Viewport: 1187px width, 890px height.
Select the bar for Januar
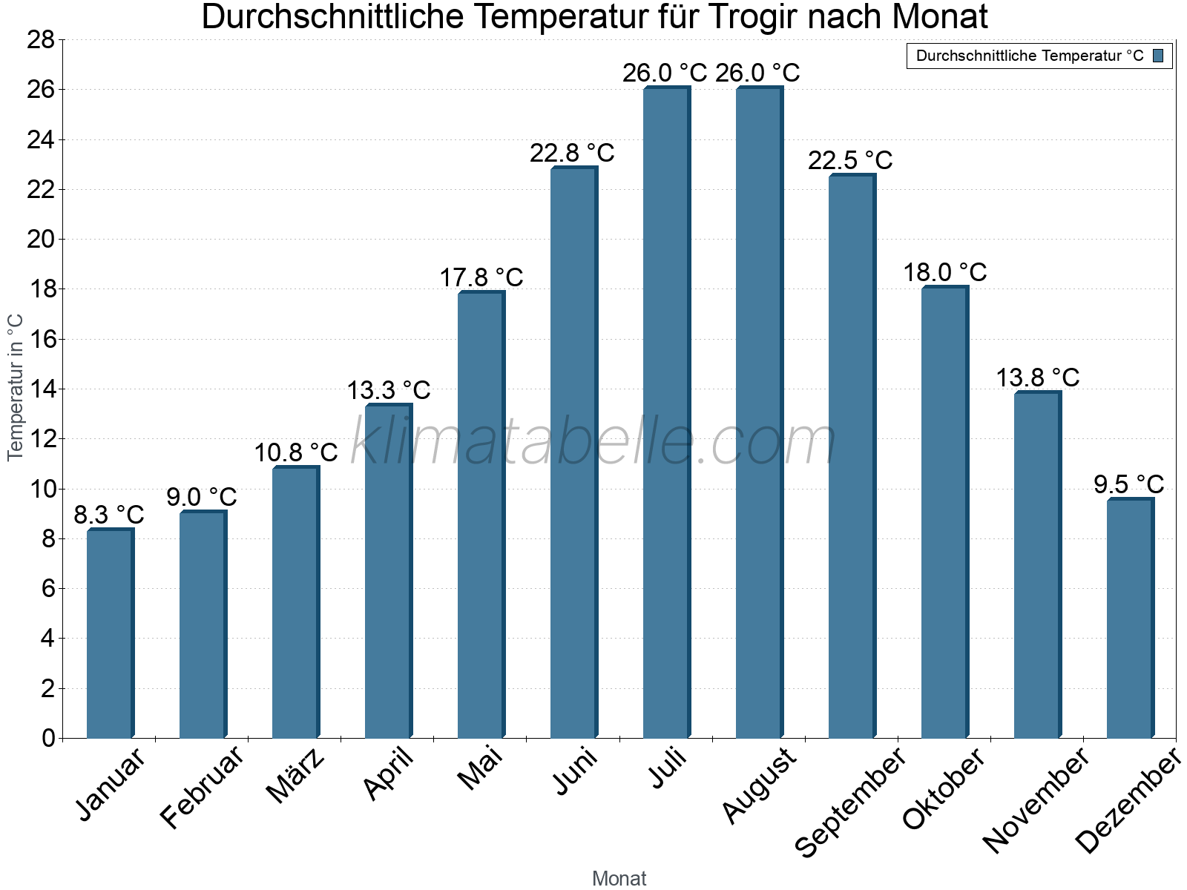(110, 634)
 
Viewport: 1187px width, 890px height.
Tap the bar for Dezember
(1130, 619)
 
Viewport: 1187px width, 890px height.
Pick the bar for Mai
(481, 515)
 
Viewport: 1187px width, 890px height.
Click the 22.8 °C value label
(572, 154)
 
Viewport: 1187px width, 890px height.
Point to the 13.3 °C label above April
(389, 390)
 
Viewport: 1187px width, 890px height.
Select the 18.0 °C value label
(944, 273)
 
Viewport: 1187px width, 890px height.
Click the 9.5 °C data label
(1128, 485)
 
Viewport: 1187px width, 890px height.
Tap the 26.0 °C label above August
(757, 73)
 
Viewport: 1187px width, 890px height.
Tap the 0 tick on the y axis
(48, 738)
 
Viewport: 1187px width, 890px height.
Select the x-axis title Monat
(619, 878)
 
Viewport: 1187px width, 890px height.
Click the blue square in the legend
(1158, 56)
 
